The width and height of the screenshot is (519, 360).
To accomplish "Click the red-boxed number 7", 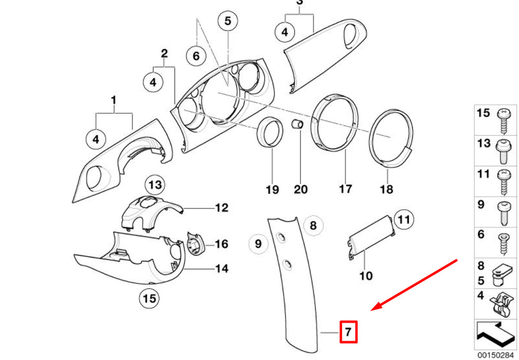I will point(349,331).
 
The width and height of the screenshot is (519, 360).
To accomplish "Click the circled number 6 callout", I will point(196,55).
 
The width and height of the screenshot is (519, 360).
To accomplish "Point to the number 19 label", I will point(272,190).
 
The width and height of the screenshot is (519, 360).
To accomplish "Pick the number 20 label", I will point(301,190).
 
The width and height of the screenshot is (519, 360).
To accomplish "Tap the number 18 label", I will point(387,190).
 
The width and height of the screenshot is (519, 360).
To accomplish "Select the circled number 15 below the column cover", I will point(149,299).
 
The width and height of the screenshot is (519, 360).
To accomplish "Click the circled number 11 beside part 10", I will point(404,219).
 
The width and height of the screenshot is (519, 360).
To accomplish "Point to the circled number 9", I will point(258,243).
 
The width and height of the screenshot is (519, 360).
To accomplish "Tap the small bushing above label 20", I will point(297,126).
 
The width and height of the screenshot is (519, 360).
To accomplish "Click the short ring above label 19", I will point(271,132).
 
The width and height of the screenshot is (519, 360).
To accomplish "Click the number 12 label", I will point(222,208).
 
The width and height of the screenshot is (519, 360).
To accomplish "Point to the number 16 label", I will point(222,244).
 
